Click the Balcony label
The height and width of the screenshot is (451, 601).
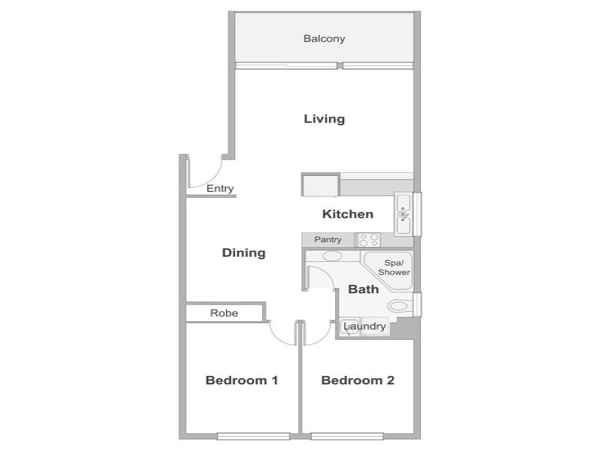tap(324, 39)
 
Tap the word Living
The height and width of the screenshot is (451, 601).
tap(325, 119)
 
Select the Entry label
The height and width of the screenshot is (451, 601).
tap(219, 189)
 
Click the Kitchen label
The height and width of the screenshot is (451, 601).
tap(348, 214)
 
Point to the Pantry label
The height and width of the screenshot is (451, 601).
tap(328, 240)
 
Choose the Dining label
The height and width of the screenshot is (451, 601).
tap(243, 253)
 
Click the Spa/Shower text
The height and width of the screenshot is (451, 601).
tap(394, 268)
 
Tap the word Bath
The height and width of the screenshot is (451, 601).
tap(364, 289)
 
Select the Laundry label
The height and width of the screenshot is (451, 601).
tap(364, 326)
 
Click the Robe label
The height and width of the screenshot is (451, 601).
tap(224, 313)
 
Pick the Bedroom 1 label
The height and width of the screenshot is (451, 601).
tap(241, 380)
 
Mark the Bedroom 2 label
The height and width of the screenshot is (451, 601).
tap(358, 380)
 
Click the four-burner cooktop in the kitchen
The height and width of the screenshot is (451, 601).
tap(369, 240)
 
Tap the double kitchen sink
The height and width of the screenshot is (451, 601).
tap(403, 214)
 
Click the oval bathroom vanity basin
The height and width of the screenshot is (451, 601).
tap(332, 256)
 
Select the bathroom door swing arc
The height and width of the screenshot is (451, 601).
tap(326, 273)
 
